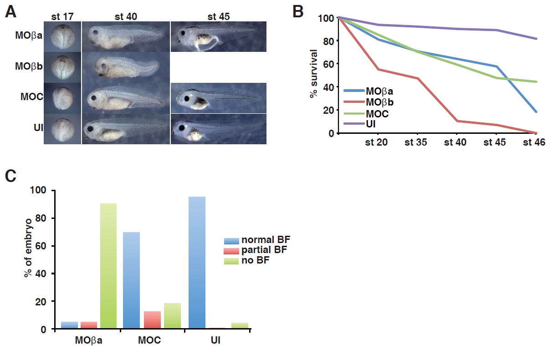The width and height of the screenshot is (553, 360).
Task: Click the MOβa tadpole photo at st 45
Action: pyautogui.click(x=218, y=38)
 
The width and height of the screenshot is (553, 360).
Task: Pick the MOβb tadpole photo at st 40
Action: pyautogui.click(x=126, y=67)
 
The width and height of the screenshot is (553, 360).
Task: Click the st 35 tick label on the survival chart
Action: pyautogui.click(x=416, y=142)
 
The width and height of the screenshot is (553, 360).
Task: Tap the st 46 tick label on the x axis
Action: pyautogui.click(x=534, y=142)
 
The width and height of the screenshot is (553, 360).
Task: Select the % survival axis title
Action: pyautogui.click(x=314, y=75)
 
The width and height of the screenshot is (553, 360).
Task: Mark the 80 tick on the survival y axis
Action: pyautogui.click(x=329, y=41)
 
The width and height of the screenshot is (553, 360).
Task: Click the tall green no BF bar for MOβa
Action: pyautogui.click(x=108, y=266)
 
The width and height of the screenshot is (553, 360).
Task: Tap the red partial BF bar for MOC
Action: pyautogui.click(x=152, y=319)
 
